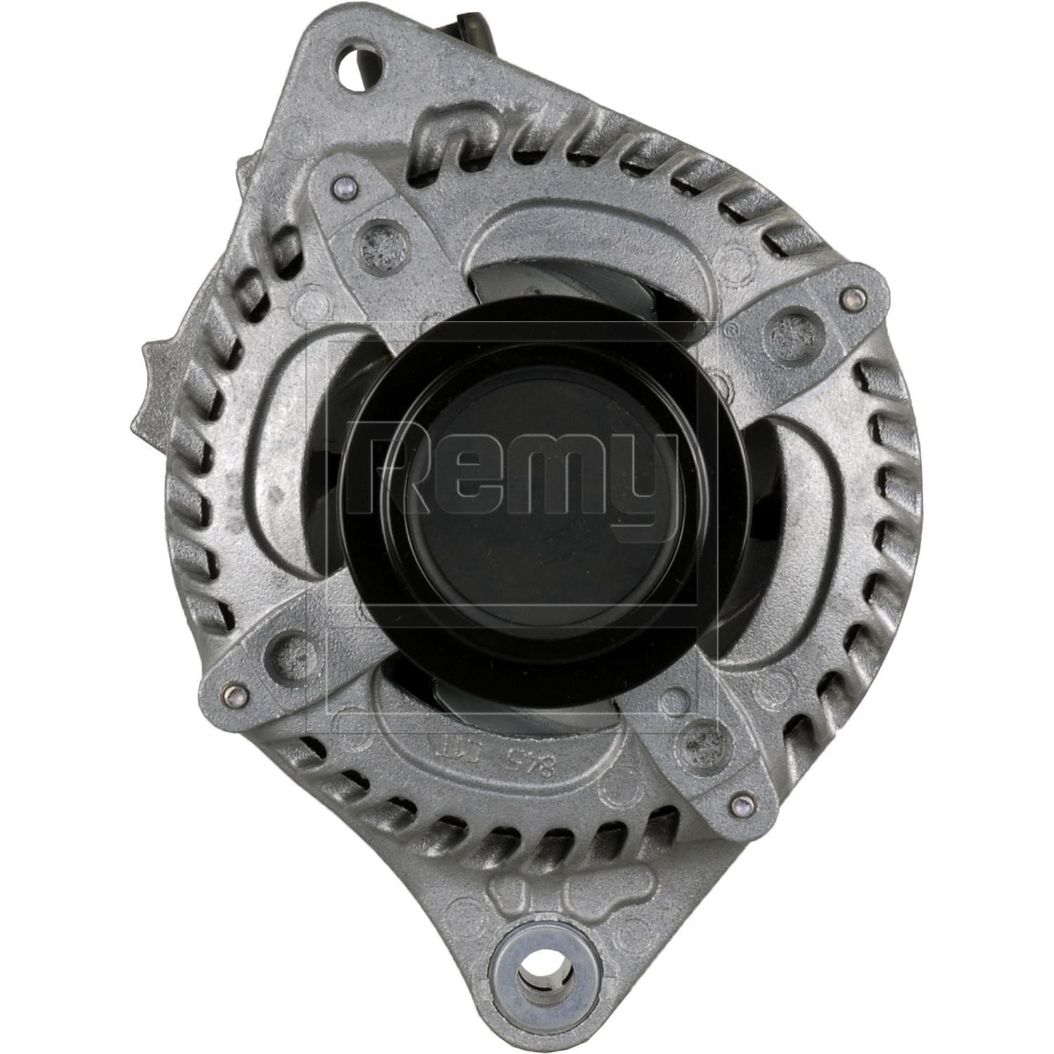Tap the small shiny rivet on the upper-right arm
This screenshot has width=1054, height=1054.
point(853,296)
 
